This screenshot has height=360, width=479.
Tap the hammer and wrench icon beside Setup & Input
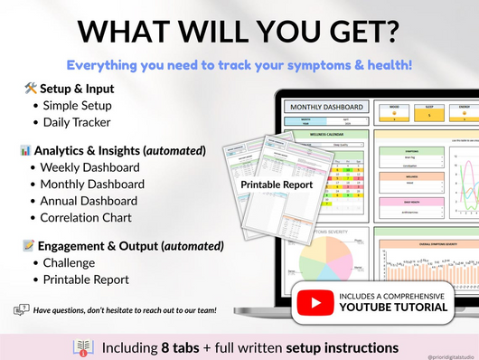pos(31,89)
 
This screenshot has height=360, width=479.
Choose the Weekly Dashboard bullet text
pos(90,167)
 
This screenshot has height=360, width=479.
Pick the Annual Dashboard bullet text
pos(89,201)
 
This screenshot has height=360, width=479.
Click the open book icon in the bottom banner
pos(80,346)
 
